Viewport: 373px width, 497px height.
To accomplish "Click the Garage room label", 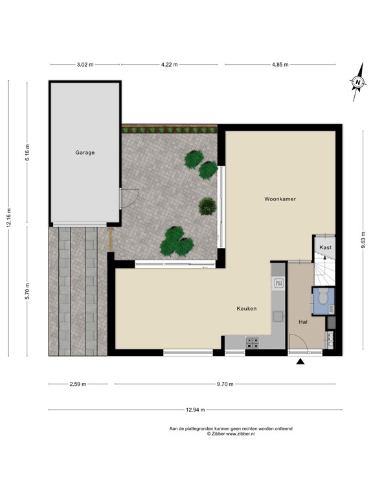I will click(x=84, y=153).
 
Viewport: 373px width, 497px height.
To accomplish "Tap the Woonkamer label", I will click(x=280, y=199).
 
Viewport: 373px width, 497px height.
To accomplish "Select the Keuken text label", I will click(x=246, y=309).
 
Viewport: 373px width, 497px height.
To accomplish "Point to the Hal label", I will click(x=302, y=322).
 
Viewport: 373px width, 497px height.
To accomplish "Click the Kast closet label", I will click(x=325, y=248).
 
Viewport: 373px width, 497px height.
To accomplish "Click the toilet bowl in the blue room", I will click(x=322, y=298).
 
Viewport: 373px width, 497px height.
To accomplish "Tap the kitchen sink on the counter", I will click(x=279, y=283).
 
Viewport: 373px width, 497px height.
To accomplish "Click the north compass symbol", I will click(x=357, y=83).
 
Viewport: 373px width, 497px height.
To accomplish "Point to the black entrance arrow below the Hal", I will click(x=300, y=363).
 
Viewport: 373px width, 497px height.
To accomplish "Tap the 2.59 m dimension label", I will click(x=77, y=384).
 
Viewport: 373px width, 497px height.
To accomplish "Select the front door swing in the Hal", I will click(x=298, y=343).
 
